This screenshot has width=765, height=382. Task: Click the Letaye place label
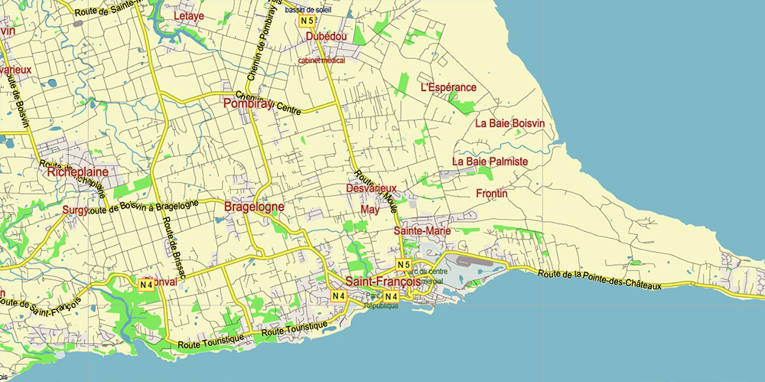pyautogui.click(x=189, y=15)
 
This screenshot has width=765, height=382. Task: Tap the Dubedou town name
pyautogui.click(x=326, y=36)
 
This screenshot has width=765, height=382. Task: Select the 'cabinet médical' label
pyautogui.click(x=321, y=60)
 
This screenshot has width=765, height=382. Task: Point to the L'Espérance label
pyautogui.click(x=448, y=87)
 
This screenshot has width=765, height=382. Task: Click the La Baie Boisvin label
pyautogui.click(x=509, y=122)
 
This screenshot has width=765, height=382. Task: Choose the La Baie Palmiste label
pyautogui.click(x=490, y=162)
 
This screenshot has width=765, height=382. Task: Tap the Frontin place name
pyautogui.click(x=491, y=194)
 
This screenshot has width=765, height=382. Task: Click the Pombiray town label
pyautogui.click(x=246, y=103)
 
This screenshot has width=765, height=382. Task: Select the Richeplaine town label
pyautogui.click(x=78, y=172)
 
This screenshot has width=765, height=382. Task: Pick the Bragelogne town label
pyautogui.click(x=254, y=207)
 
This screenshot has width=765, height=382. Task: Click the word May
pyautogui.click(x=369, y=209)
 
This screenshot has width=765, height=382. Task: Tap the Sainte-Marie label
pyautogui.click(x=422, y=230)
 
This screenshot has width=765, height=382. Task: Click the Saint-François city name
pyautogui.click(x=382, y=281)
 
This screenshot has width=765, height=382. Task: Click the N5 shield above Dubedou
pyautogui.click(x=308, y=21)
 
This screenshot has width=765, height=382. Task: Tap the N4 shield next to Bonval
pyautogui.click(x=146, y=285)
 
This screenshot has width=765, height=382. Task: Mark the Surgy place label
pyautogui.click(x=75, y=209)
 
